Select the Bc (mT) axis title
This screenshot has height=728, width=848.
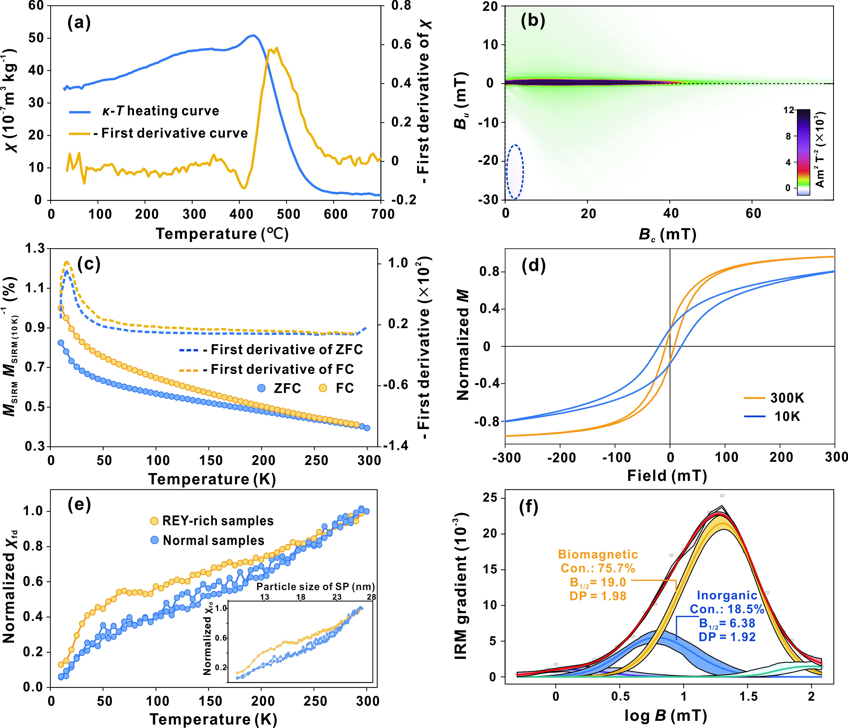pyautogui.click(x=668, y=235)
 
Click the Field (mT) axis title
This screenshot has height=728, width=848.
pyautogui.click(x=667, y=475)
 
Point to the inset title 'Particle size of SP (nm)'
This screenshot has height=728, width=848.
pyautogui.click(x=316, y=586)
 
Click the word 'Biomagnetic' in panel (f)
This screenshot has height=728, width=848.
pyautogui.click(x=598, y=554)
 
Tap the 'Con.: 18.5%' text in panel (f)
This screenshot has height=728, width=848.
pyautogui.click(x=727, y=609)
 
